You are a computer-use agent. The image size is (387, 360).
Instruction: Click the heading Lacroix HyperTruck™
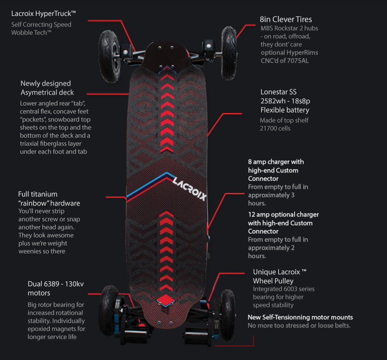click(x=44, y=13)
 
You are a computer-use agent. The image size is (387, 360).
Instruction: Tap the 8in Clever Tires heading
click(x=286, y=19)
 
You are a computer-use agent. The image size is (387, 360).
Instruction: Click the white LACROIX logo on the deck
click(x=190, y=187)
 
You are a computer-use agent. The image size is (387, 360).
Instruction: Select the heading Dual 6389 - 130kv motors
click(x=56, y=288)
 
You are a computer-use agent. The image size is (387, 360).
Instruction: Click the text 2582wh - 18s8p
click(x=284, y=101)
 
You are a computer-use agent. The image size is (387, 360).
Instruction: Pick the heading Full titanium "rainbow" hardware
click(x=49, y=198)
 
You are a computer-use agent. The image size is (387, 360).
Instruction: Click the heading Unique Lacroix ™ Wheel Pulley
click(x=280, y=276)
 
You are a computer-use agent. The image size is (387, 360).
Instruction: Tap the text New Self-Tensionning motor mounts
click(x=300, y=317)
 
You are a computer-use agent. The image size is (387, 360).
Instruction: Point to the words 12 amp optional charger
click(x=283, y=214)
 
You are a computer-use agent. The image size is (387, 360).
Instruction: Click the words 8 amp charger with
click(x=276, y=162)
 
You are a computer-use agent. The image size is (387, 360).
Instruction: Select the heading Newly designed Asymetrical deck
click(x=47, y=88)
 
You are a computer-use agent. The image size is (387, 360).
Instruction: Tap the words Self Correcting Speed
click(x=41, y=24)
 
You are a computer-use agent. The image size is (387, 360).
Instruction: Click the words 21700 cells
click(x=275, y=128)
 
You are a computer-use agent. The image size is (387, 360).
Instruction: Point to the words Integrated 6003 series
click(x=284, y=289)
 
